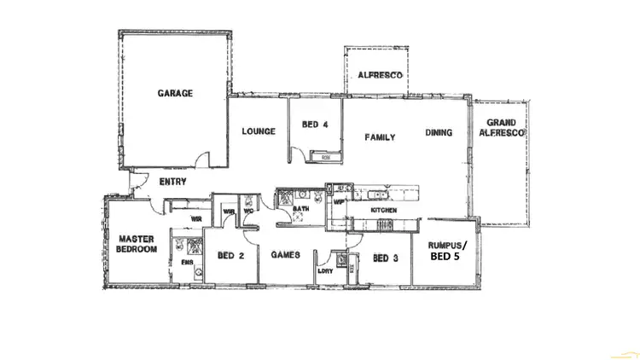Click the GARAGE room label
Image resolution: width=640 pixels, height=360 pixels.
175,93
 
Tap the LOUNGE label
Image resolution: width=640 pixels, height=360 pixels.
258,131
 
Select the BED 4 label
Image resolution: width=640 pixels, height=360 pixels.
315,125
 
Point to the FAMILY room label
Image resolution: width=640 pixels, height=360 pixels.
380,137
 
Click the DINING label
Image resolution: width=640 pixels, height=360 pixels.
439,132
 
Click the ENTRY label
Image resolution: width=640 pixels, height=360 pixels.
173,182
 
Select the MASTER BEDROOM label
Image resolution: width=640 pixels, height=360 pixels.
137,244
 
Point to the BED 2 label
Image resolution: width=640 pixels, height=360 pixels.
231,255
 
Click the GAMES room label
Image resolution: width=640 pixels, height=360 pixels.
284,255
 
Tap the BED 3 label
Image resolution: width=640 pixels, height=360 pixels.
386,258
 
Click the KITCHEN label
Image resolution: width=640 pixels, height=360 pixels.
383,210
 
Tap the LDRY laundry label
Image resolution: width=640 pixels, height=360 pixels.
325,270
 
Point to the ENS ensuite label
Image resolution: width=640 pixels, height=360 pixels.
186,263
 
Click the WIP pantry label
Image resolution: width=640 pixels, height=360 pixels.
338,203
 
